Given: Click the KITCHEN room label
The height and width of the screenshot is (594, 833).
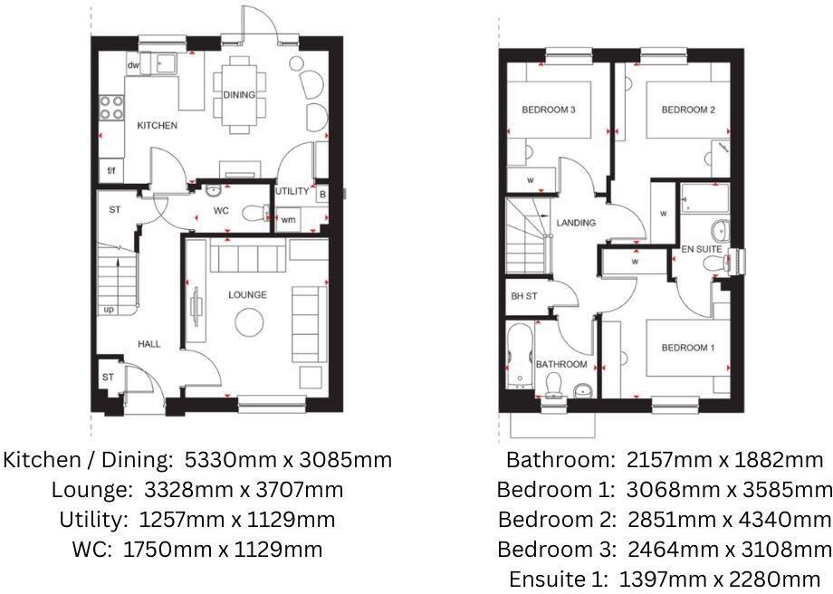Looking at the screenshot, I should coord(157,126).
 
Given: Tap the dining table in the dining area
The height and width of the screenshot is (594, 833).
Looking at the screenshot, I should coord(239,94).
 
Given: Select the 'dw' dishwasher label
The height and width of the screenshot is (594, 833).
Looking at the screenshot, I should coord(134,65).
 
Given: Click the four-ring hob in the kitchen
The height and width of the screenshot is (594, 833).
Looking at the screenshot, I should coord(111,108).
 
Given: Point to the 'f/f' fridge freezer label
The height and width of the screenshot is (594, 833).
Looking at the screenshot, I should coord(111,171).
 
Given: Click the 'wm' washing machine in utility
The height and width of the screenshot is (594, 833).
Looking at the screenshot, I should coord(288,220).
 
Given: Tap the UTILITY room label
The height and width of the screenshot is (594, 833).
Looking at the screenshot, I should coord(292,192).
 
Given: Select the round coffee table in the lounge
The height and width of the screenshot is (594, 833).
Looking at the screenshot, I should coord(249,322).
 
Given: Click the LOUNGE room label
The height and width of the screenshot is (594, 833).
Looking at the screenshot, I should coord(247,295).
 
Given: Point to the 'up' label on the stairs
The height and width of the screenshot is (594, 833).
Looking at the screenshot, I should coord(110,310).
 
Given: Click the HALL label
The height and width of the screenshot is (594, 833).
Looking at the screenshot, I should coord(149,344).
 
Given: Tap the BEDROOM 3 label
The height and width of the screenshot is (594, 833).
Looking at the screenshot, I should coord(549,110).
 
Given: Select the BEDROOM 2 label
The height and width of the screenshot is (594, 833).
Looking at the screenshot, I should coord(688,110).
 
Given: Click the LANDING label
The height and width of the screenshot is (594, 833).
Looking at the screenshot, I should coord(576,223).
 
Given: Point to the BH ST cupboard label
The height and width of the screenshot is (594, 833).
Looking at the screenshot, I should coord(523,296).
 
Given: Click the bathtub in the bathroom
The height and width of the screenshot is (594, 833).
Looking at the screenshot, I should coord(520,356).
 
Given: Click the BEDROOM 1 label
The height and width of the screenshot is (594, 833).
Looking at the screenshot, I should coord(687,349).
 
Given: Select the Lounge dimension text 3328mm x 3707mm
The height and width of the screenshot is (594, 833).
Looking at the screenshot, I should coord(197,491).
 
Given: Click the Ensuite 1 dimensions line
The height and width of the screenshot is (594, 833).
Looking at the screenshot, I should coord(665,579).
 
